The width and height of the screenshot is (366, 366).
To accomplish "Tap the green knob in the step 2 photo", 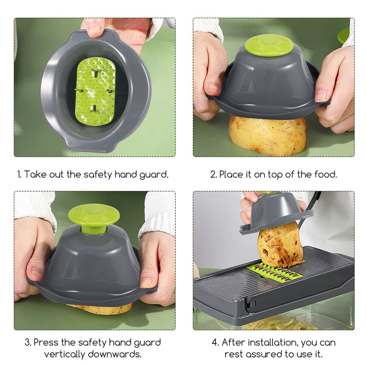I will [x=269, y=45].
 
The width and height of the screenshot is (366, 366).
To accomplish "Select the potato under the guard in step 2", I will [x=267, y=135].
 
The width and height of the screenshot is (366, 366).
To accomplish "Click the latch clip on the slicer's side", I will [x=250, y=304].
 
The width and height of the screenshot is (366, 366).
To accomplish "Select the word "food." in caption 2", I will [x=325, y=174].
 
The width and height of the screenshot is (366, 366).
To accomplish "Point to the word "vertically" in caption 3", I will [x=64, y=354].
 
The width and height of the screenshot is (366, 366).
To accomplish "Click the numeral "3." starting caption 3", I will [x=28, y=343].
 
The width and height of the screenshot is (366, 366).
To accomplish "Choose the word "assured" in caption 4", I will [x=262, y=354].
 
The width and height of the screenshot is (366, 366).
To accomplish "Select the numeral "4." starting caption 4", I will [x=215, y=343].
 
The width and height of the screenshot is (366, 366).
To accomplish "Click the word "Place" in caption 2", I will [x=231, y=174].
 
